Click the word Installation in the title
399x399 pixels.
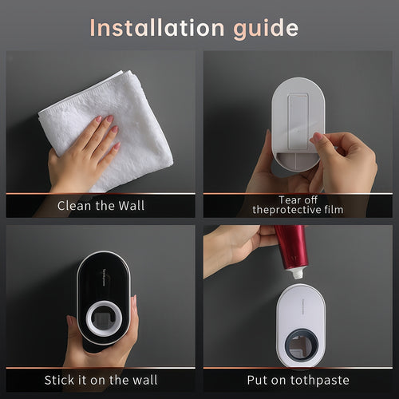(152, 28)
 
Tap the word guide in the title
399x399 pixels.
(263, 29)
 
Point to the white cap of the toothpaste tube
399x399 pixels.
(296, 272)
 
